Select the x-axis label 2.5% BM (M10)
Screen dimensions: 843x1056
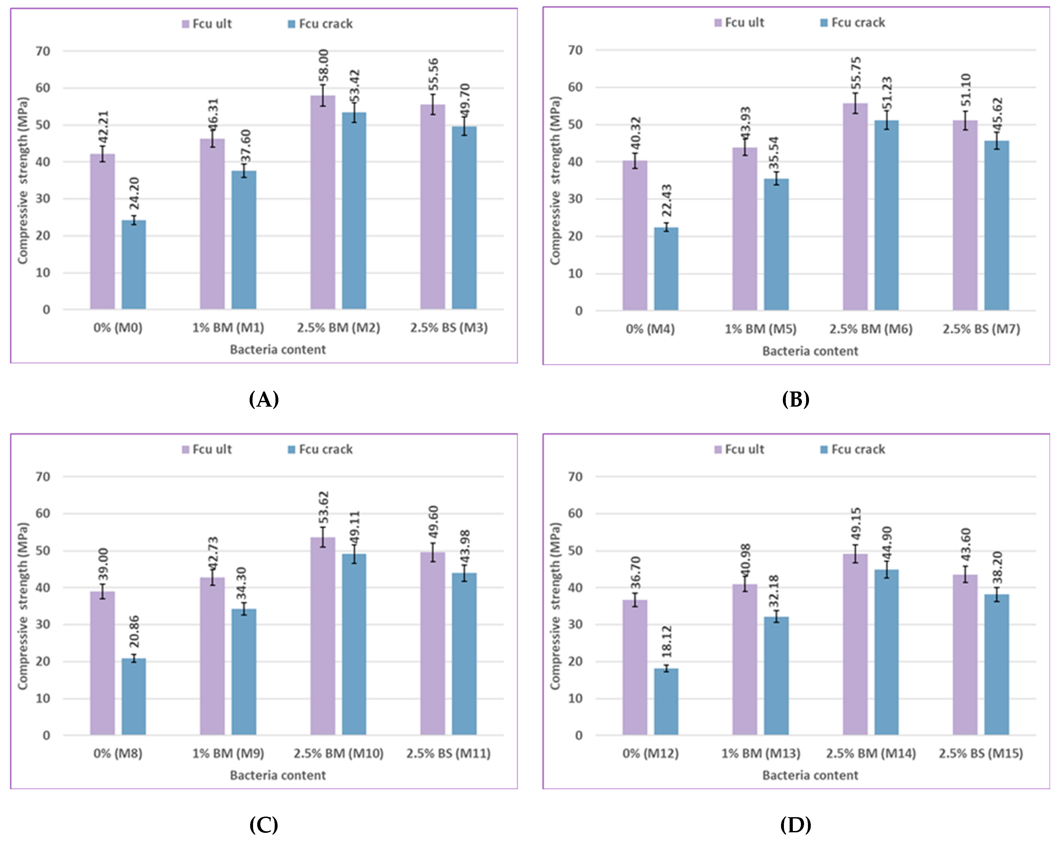pyautogui.click(x=338, y=753)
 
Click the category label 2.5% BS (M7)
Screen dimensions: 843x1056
pyautogui.click(x=981, y=329)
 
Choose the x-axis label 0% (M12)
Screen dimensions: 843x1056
pyautogui.click(x=650, y=753)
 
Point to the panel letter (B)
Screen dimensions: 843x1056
pyautogui.click(x=795, y=400)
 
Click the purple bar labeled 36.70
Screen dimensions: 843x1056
pyautogui.click(x=635, y=667)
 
